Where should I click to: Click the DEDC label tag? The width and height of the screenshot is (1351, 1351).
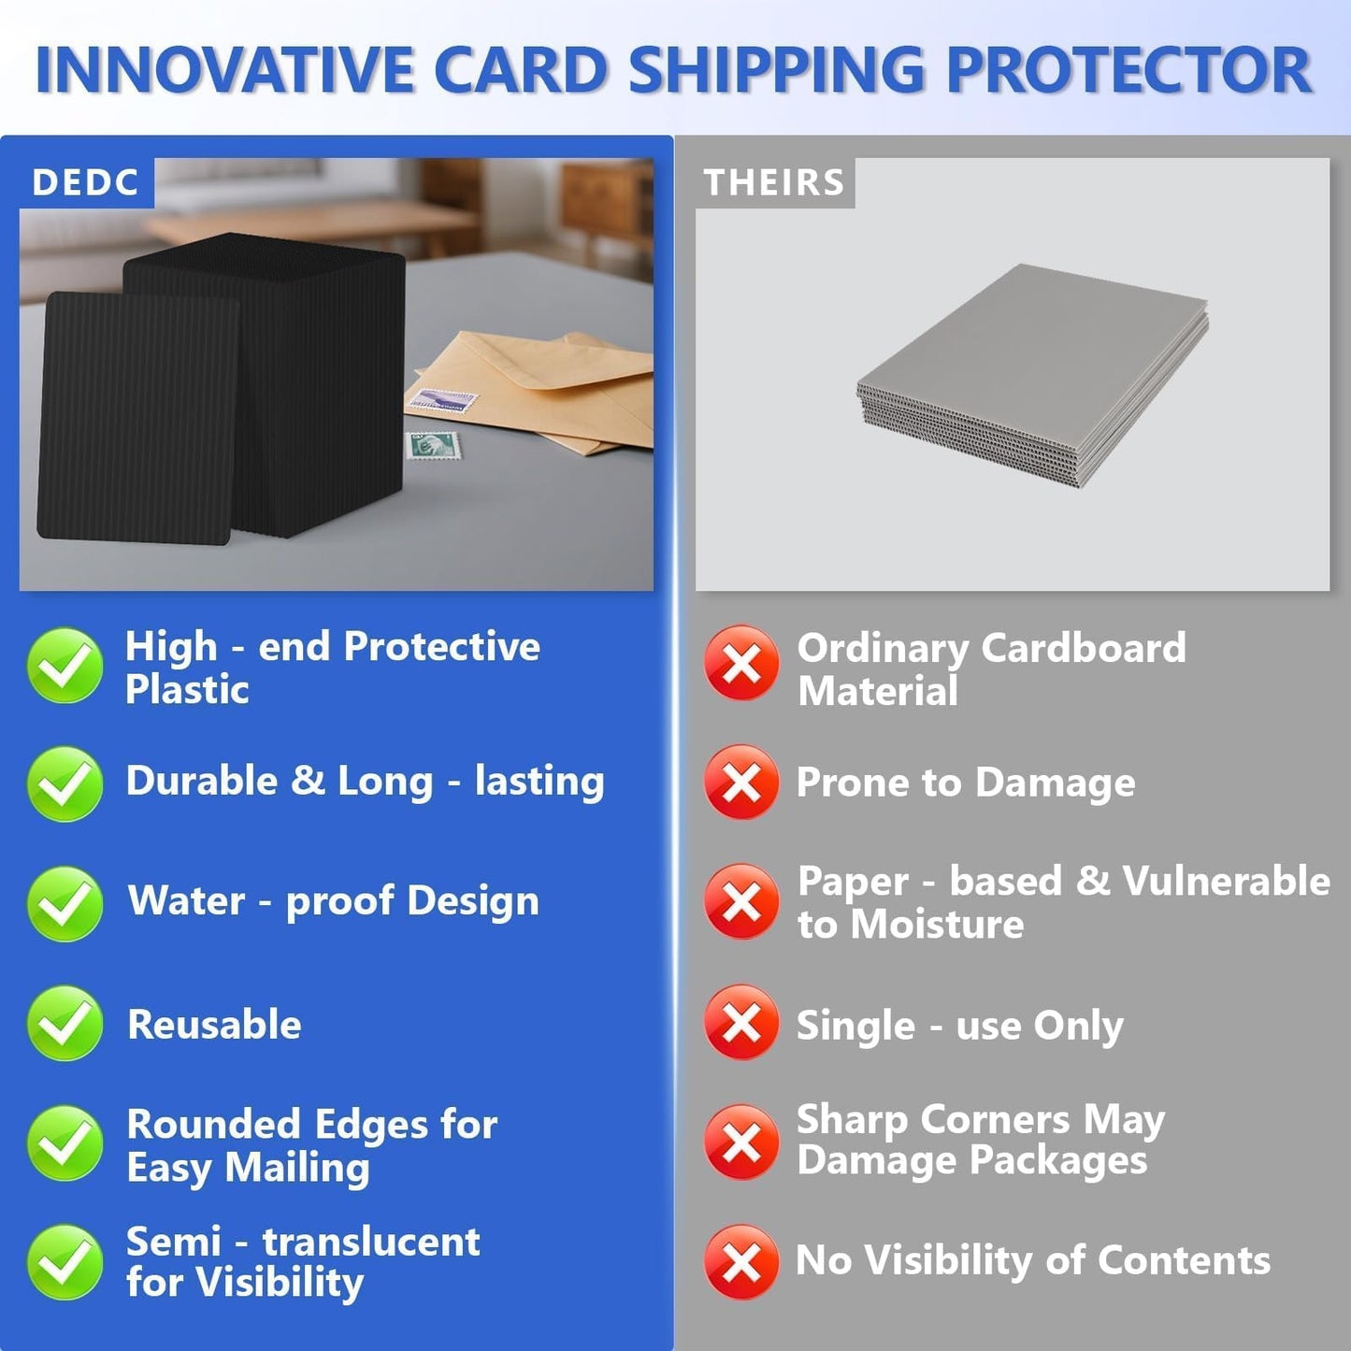point(85,182)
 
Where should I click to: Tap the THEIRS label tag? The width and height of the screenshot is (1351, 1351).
point(774,182)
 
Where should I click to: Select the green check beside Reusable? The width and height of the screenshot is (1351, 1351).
point(65,1023)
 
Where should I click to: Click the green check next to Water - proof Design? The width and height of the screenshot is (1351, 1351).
point(65,902)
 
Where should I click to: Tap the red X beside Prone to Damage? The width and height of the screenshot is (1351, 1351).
point(741,782)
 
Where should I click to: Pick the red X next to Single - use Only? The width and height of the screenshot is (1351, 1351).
point(741,1023)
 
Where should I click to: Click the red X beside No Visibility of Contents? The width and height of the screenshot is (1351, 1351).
point(741,1262)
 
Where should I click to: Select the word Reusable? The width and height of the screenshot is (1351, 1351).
point(214,1025)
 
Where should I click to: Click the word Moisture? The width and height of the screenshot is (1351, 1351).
point(938,925)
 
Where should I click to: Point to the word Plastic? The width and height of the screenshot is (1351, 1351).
point(187,690)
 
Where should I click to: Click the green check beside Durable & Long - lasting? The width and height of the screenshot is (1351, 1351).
point(65,783)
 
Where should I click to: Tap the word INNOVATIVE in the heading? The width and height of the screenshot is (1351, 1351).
point(224,71)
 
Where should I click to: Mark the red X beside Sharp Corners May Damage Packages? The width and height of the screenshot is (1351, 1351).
point(741,1142)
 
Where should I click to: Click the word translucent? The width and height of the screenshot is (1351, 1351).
point(371,1242)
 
